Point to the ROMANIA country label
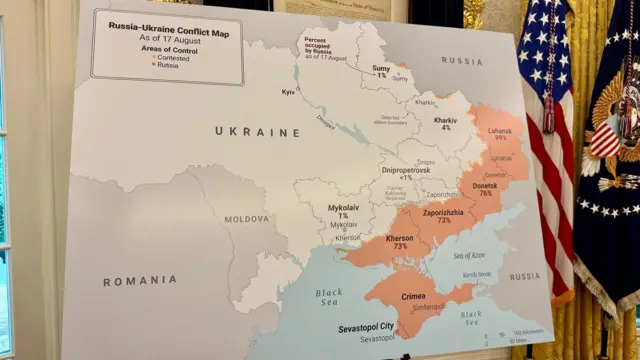pyautogui.click(x=139, y=282)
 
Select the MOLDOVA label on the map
pyautogui.click(x=246, y=218)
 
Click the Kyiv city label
pyautogui.click(x=288, y=92)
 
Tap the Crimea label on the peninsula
pyautogui.click(x=412, y=296)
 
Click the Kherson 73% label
pyautogui.click(x=372, y=242)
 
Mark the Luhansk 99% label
pyautogui.click(x=498, y=134)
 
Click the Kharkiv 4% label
pyautogui.click(x=445, y=124)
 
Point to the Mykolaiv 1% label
pyautogui.click(x=343, y=212)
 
